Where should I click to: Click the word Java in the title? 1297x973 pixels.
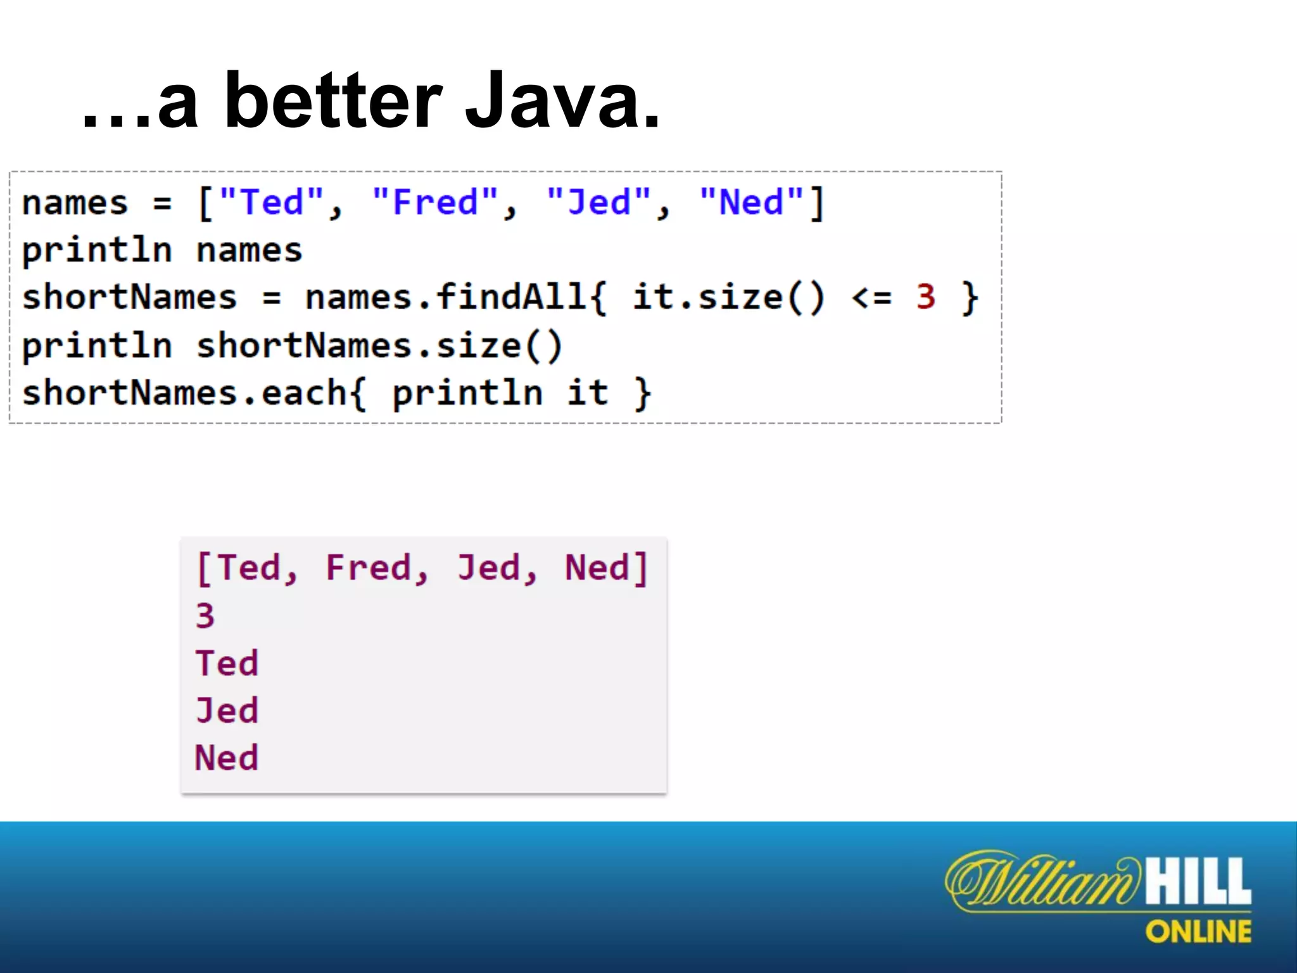click(x=562, y=101)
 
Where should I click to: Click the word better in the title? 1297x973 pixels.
click(x=332, y=101)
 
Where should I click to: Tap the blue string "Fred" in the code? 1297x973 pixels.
click(x=436, y=203)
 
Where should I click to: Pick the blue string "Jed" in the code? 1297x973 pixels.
click(x=599, y=203)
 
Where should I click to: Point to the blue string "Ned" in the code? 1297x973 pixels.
click(x=752, y=203)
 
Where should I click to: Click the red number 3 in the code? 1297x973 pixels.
click(x=925, y=296)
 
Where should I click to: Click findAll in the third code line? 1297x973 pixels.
click(x=512, y=296)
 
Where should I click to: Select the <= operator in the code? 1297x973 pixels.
click(x=871, y=296)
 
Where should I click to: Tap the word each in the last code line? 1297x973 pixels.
click(x=304, y=393)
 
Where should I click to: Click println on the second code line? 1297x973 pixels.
click(x=97, y=250)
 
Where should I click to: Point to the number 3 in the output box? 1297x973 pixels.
click(x=205, y=616)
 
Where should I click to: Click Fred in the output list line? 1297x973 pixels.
click(x=369, y=567)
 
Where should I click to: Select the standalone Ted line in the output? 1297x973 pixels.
click(x=227, y=663)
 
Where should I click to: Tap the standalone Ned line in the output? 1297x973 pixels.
click(x=227, y=758)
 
